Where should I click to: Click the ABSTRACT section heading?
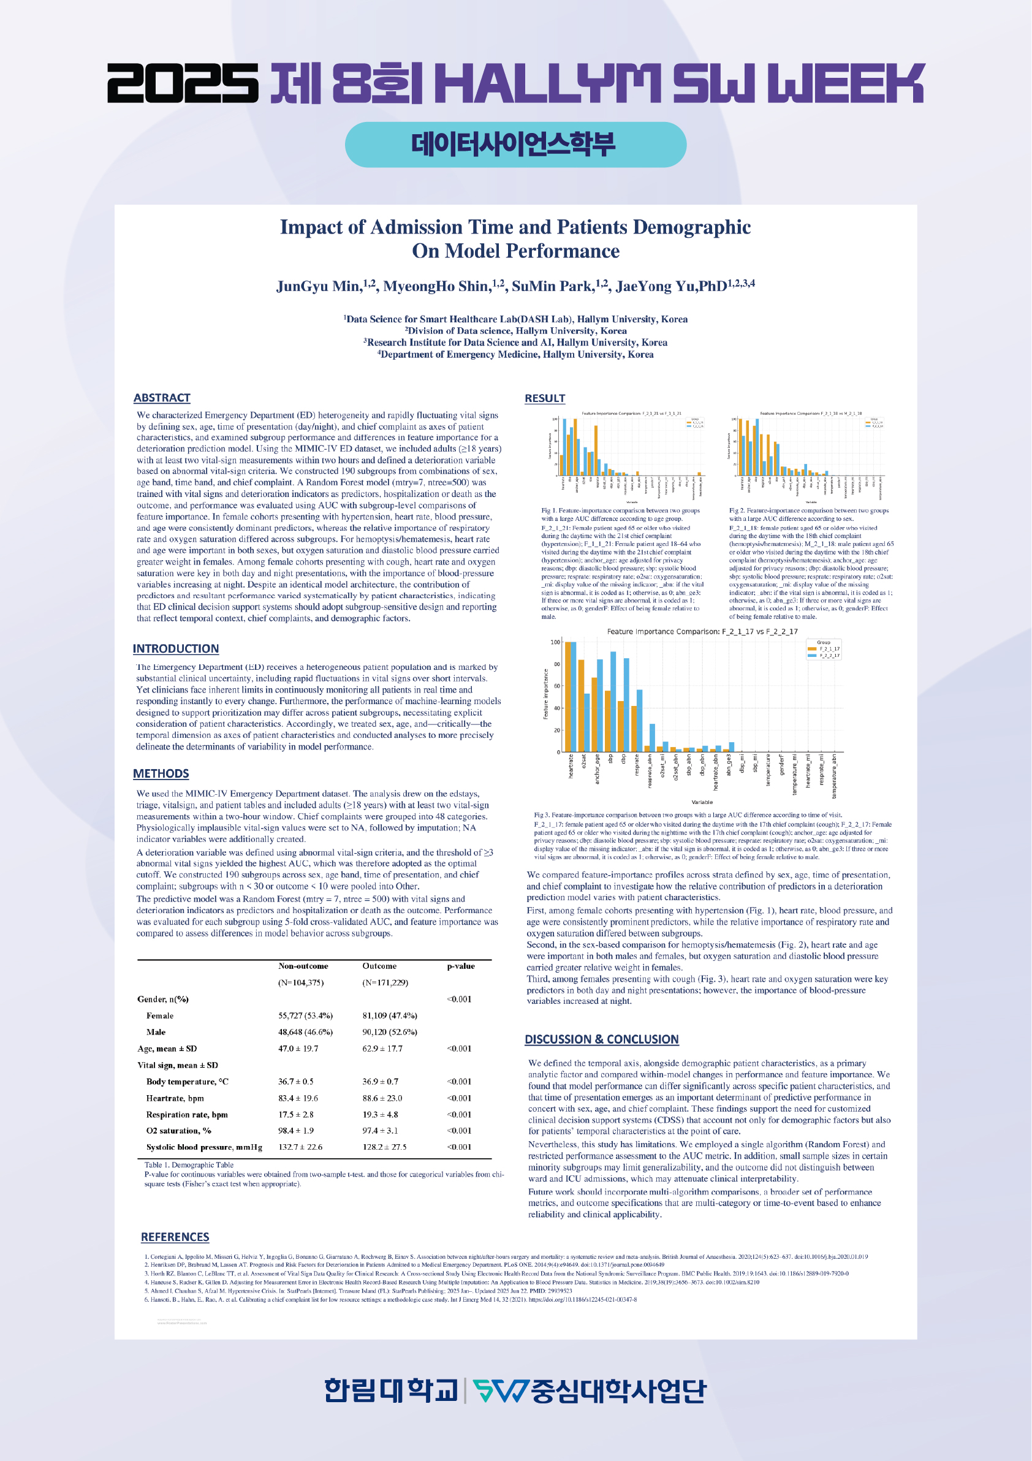(162, 398)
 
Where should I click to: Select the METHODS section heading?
(161, 773)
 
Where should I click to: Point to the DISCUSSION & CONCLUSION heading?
(601, 1039)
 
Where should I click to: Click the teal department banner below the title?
(515, 145)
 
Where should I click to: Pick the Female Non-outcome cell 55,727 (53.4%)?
(305, 1015)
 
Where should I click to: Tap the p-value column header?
(461, 966)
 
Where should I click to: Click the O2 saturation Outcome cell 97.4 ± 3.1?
(380, 1131)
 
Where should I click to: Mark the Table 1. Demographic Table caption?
(189, 1165)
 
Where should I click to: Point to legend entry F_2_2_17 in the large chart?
(829, 655)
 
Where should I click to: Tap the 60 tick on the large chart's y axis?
(556, 686)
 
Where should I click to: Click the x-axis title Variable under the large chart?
(702, 802)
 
